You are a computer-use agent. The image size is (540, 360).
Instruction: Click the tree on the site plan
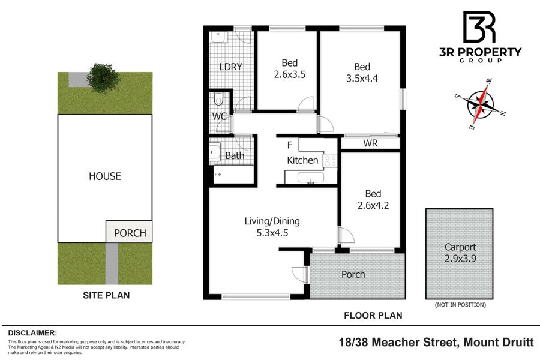click(x=103, y=78)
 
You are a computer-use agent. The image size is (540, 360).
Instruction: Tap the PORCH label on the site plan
click(x=130, y=233)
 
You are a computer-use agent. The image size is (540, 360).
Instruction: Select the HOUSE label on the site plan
click(x=105, y=176)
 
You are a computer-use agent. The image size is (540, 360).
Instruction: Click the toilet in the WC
click(x=218, y=99)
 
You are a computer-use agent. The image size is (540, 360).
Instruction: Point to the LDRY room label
click(x=231, y=67)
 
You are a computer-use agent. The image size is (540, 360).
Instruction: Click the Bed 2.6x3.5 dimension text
click(x=290, y=74)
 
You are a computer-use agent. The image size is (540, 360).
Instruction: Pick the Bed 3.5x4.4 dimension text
click(x=362, y=79)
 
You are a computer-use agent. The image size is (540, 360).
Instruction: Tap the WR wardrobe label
click(x=370, y=143)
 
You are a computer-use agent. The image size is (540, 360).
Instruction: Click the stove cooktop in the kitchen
click(x=330, y=161)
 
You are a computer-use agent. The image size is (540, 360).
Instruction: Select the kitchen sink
click(x=311, y=178)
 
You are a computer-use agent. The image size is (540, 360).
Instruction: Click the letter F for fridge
click(x=290, y=145)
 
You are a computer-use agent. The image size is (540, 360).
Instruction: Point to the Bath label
click(x=235, y=156)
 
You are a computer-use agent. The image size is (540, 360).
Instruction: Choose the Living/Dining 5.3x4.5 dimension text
click(x=272, y=233)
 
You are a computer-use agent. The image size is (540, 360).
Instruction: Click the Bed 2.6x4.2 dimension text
click(x=373, y=206)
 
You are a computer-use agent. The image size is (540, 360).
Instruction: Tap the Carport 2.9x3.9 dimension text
click(x=460, y=259)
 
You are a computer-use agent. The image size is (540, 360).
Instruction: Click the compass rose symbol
click(x=481, y=104)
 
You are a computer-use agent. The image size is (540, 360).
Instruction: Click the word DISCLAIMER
click(x=32, y=333)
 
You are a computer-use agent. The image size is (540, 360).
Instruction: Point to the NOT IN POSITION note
click(x=460, y=305)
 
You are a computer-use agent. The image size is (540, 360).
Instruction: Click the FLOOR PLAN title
click(x=373, y=315)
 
